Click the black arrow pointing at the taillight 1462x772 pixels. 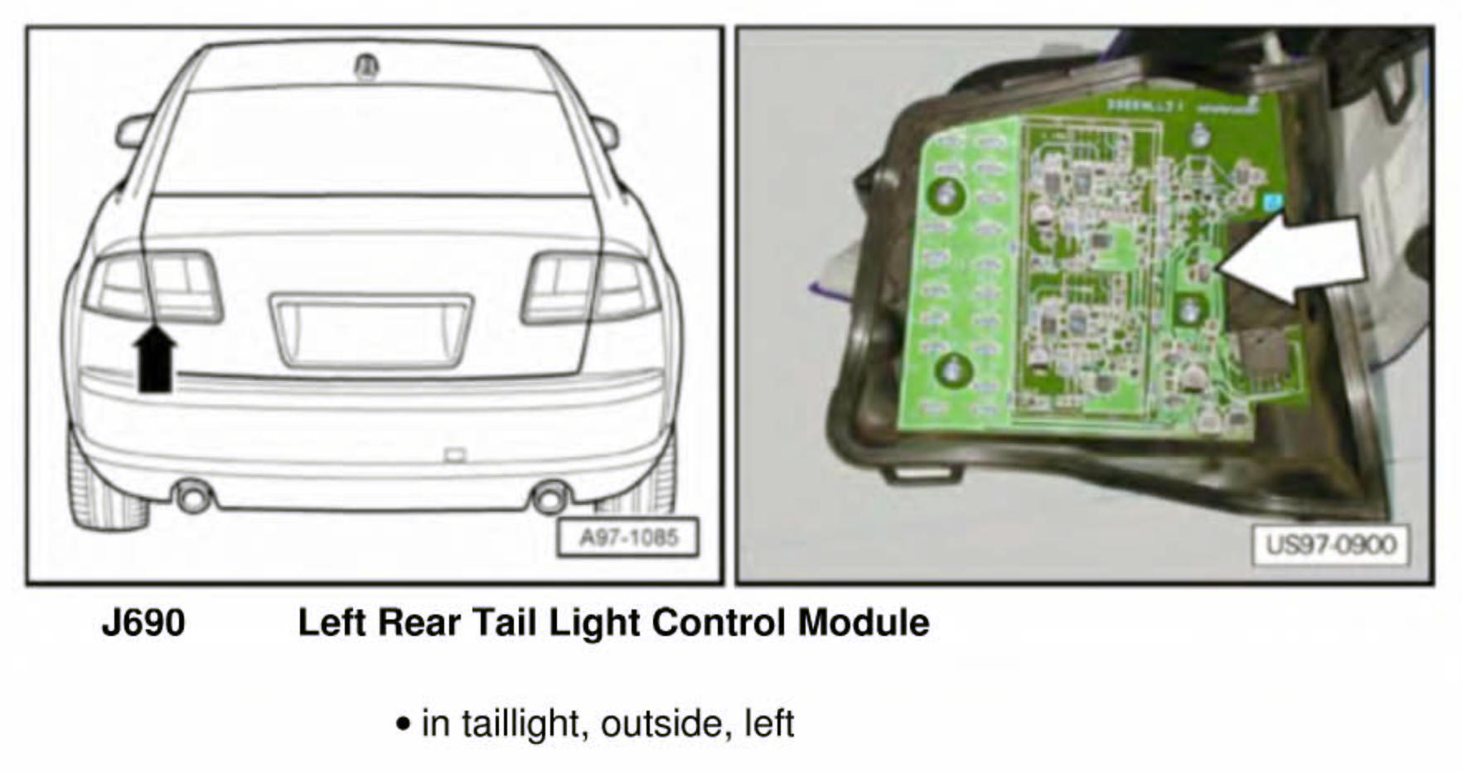(x=155, y=358)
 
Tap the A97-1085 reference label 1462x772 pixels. (x=628, y=538)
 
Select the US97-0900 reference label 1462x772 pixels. (x=1330, y=546)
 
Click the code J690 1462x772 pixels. (x=143, y=623)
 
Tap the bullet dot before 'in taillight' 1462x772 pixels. (x=404, y=724)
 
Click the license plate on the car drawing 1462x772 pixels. (x=371, y=330)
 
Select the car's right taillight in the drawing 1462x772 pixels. (x=590, y=288)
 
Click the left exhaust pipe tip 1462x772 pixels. (x=194, y=498)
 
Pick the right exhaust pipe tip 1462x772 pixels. (x=549, y=498)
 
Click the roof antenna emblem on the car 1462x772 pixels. (x=366, y=66)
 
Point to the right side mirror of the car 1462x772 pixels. (x=606, y=131)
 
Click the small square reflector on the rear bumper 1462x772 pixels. (x=455, y=454)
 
